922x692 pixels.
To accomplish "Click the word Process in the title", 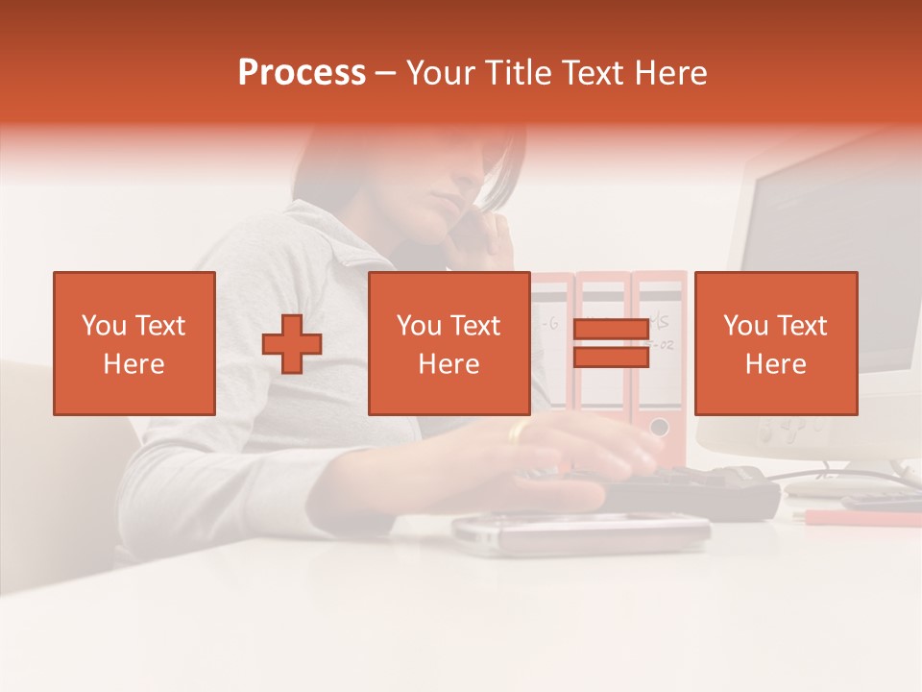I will [302, 73].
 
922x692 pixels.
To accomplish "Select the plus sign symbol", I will [292, 344].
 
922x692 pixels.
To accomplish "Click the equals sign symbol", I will [611, 344].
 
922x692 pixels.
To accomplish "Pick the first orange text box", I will [134, 343].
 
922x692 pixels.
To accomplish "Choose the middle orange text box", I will [449, 343].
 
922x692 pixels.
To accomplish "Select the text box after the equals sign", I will [775, 343].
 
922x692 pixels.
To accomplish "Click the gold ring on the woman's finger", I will [519, 432].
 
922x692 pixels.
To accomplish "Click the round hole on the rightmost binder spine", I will [659, 426].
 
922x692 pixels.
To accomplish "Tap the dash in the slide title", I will [385, 74].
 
